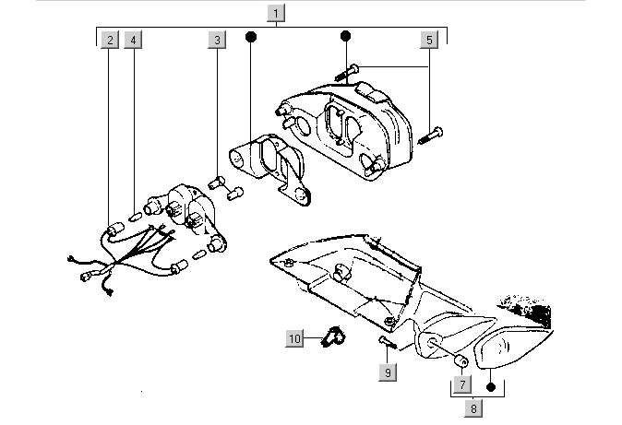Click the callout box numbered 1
[278, 13]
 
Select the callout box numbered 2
[110, 41]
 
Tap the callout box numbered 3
[217, 41]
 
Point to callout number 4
[134, 41]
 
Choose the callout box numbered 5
[429, 41]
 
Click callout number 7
[461, 383]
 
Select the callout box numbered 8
[474, 407]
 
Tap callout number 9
[389, 372]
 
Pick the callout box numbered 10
[294, 339]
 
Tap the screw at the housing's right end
[431, 136]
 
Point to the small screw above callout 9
[386, 343]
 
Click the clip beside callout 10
[331, 338]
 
